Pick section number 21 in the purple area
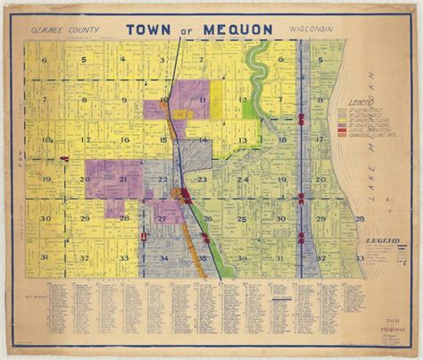pyautogui.click(x=123, y=180)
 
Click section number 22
pyautogui.click(x=162, y=180)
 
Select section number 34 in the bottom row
pyautogui.click(x=163, y=257)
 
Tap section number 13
pyautogui.click(x=242, y=140)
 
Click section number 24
pyautogui.click(x=242, y=180)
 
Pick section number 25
pyautogui.click(x=242, y=218)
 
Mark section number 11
pyautogui.click(x=203, y=100)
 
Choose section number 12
pyautogui.click(x=242, y=100)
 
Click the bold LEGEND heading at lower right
pyautogui.click(x=381, y=242)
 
